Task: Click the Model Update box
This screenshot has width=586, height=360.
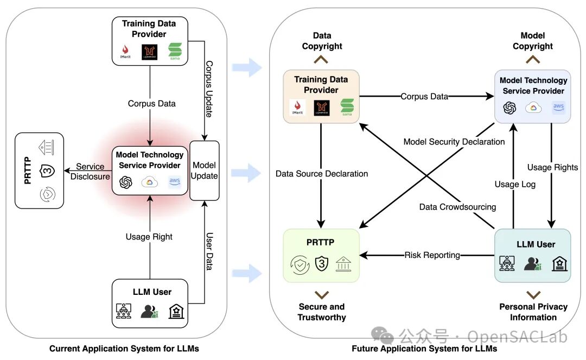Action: pos(204,170)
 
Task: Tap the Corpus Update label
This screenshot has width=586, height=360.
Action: pos(209,89)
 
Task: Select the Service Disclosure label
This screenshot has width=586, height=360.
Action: pos(90,172)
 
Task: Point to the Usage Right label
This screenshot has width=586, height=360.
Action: pos(149,237)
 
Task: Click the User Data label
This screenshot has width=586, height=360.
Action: pos(209,251)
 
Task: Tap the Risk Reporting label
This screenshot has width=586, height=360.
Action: pos(432,255)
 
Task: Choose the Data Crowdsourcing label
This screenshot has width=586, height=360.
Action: pos(457,207)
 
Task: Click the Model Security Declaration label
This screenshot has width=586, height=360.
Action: pos(454,142)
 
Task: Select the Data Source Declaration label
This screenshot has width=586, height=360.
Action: pos(322,173)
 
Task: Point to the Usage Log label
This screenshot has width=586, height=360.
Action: pos(515,184)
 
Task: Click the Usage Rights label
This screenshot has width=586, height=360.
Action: pos(552,167)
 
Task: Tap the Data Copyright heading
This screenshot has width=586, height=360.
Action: pos(322,41)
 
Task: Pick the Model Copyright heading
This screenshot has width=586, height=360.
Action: pos(533,41)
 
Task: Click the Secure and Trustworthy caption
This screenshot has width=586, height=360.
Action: pos(322,312)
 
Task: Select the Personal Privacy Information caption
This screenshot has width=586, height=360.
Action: pos(533,312)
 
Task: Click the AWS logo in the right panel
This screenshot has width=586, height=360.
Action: pos(558,107)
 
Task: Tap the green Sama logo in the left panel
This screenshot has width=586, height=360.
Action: pos(175,51)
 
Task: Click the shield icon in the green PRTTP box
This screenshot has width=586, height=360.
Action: pos(321,263)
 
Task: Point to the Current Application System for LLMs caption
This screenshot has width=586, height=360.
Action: pos(124,349)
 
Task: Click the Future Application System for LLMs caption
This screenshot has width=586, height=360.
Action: pos(424,349)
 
